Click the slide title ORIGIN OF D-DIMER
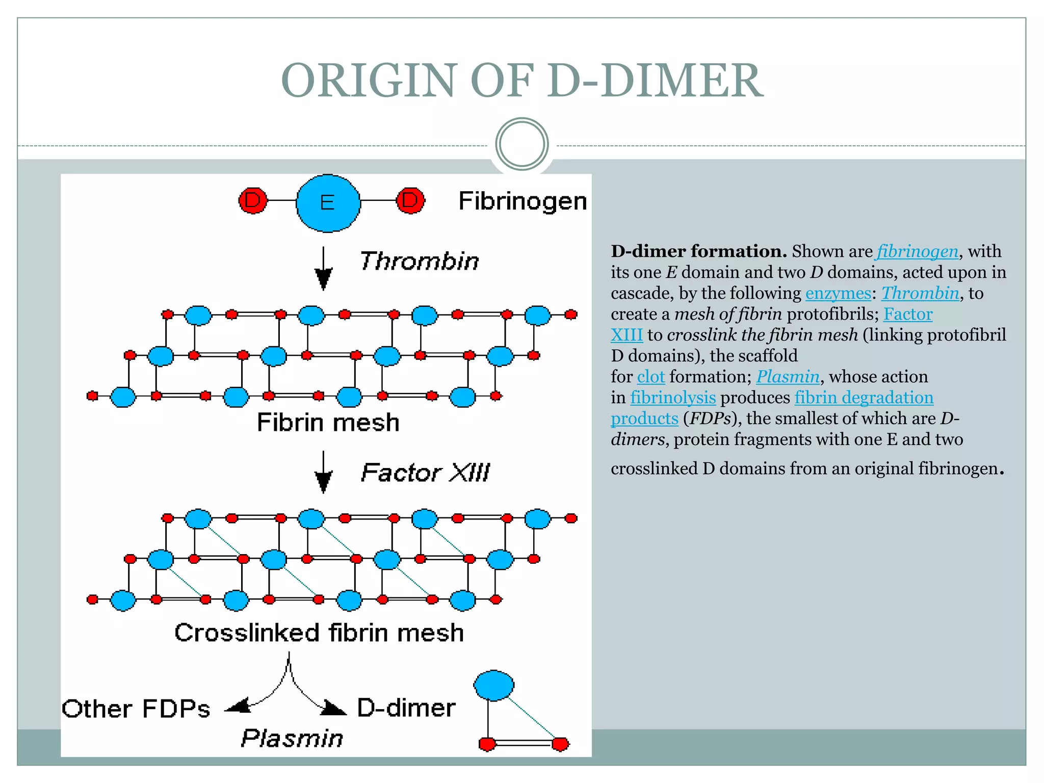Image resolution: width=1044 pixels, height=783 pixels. click(522, 81)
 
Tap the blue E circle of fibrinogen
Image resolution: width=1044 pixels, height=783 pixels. click(328, 203)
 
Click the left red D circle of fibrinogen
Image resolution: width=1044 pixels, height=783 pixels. click(253, 200)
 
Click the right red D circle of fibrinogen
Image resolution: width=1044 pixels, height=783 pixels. click(410, 200)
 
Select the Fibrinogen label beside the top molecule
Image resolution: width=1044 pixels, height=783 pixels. click(523, 201)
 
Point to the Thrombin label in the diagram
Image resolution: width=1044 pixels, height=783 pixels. click(420, 261)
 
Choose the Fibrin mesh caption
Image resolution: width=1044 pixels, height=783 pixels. click(328, 423)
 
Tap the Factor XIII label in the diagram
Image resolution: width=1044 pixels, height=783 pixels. click(425, 473)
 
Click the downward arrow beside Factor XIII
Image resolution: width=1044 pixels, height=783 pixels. click(323, 473)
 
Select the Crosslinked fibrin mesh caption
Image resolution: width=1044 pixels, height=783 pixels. click(319, 633)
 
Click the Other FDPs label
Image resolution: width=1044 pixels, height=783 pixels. click(136, 709)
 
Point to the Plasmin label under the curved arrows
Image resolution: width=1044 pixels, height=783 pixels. click(292, 738)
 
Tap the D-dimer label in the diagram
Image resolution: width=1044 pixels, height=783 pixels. click(406, 708)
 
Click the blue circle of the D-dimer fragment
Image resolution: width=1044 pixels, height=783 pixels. click(493, 686)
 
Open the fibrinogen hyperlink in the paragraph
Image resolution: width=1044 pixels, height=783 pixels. click(918, 251)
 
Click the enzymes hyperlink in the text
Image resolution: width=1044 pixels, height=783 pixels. click(838, 293)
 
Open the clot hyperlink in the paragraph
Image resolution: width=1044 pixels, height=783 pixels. click(651, 377)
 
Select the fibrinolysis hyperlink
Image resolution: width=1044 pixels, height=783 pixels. click(673, 398)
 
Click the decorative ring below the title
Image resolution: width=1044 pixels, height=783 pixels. click(521, 144)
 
